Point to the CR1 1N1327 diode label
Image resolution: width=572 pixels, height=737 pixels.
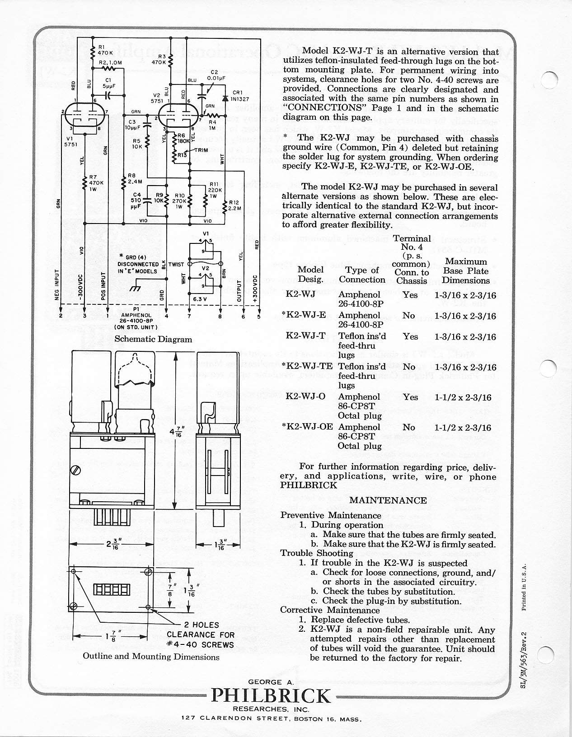(237, 96)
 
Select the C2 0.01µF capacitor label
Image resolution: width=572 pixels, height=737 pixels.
(214, 75)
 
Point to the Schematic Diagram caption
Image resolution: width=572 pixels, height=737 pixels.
(153, 339)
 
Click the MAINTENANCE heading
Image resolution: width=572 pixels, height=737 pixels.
(388, 500)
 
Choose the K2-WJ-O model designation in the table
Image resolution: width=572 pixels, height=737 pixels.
(305, 397)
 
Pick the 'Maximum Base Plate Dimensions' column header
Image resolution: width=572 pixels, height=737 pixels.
(465, 271)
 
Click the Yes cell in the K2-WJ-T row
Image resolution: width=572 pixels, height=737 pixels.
(410, 336)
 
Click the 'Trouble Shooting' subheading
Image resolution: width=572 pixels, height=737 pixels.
(317, 553)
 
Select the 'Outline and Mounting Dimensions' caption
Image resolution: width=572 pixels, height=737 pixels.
(151, 657)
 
